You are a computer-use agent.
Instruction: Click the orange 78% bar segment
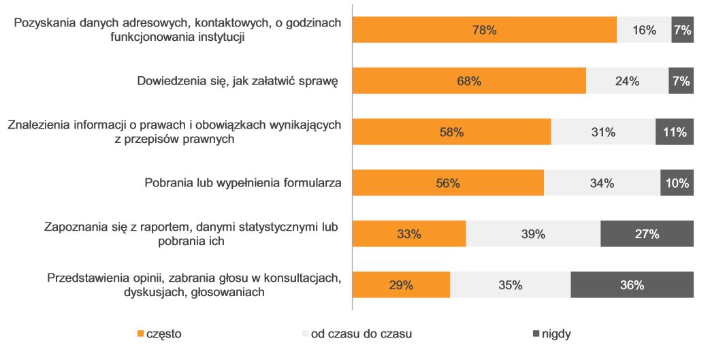pyautogui.click(x=484, y=30)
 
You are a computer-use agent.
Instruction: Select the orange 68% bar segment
pyautogui.click(x=469, y=81)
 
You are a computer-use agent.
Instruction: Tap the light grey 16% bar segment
pyautogui.click(x=644, y=30)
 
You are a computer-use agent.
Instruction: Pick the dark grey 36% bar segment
pyautogui.click(x=632, y=285)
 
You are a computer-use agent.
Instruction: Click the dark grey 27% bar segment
pyautogui.click(x=647, y=234)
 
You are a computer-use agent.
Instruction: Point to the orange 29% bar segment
pyautogui.click(x=401, y=285)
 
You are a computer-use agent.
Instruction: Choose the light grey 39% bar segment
pyautogui.click(x=533, y=234)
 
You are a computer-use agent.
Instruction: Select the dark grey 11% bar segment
pyautogui.click(x=674, y=132)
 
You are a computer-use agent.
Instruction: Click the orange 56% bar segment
pyautogui.click(x=448, y=183)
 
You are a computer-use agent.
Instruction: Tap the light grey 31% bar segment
pyautogui.click(x=603, y=132)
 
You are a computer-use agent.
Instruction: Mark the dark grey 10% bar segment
pyautogui.click(x=677, y=183)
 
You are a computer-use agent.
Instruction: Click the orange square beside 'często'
pyautogui.click(x=141, y=334)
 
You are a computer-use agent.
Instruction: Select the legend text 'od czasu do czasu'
pyautogui.click(x=361, y=334)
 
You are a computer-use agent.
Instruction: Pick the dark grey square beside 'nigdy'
pyautogui.click(x=535, y=334)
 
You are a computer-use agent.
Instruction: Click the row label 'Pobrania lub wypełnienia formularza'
pyautogui.click(x=242, y=183)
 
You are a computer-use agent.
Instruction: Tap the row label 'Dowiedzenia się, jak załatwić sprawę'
pyautogui.click(x=238, y=82)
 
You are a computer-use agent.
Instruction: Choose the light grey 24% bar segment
pyautogui.click(x=627, y=81)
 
